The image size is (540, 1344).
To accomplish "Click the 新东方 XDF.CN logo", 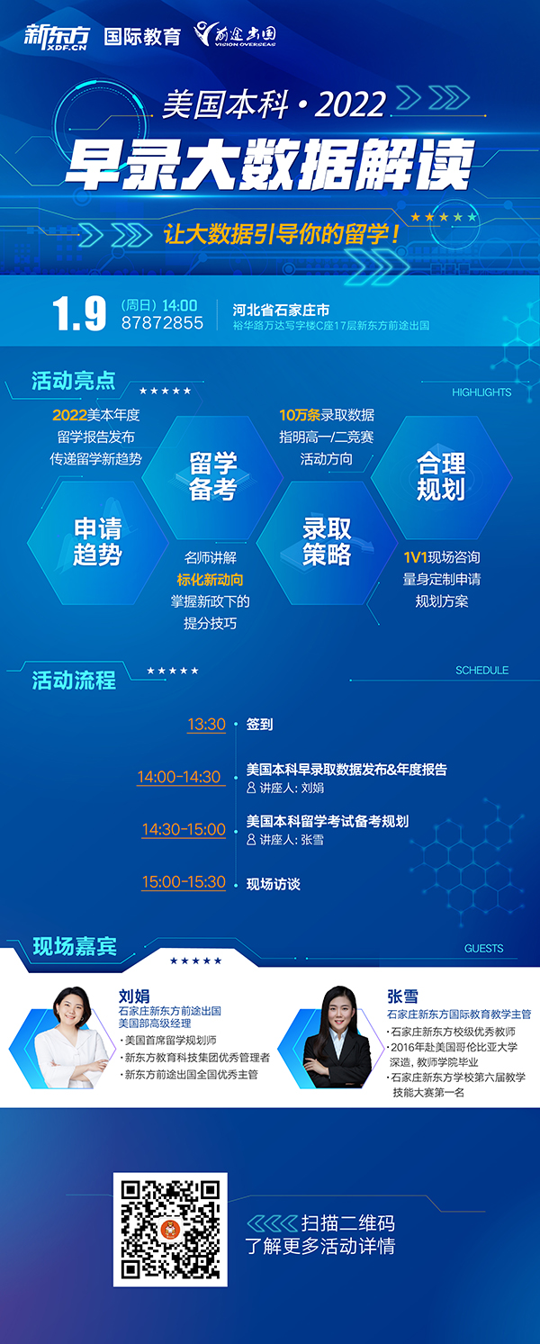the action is coord(57,37).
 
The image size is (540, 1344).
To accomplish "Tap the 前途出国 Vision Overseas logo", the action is coord(235,34).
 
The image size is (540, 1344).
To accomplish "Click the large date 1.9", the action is coord(78,314).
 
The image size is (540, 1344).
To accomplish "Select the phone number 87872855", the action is coord(162,323).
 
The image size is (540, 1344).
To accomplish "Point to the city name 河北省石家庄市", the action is coord(281,311).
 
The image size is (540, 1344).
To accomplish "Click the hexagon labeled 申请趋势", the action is coord(97,543).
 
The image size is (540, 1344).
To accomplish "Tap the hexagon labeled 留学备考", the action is coord(212,477).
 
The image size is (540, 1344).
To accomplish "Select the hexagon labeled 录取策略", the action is coord(327,543).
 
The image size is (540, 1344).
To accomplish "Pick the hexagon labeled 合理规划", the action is coord(441,477).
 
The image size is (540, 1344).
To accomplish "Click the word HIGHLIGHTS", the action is coord(481,392).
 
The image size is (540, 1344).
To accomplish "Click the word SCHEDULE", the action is coord(481,671).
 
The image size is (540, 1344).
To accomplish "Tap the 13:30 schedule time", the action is coord(206,724).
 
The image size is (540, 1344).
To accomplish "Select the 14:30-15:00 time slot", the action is coord(184,829).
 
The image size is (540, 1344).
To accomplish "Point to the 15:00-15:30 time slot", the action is coord(184,882).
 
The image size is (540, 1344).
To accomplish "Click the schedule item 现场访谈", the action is coord(273,884).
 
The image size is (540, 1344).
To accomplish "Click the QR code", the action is coord(170,1230).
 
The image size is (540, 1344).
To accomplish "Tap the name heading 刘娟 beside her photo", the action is coord(134,996).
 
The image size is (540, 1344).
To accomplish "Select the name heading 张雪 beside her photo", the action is coord(402,996).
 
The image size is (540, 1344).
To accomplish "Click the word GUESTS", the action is coord(483,949).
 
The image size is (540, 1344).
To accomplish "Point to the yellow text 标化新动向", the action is coord(210,580).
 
